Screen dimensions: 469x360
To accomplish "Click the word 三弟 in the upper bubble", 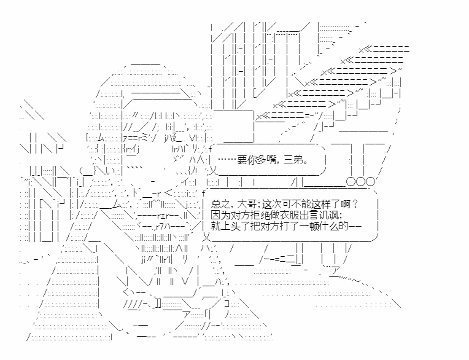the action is [293, 160].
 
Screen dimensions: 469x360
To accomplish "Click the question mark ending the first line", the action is [355, 205].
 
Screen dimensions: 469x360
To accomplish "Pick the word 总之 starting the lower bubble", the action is [220, 205].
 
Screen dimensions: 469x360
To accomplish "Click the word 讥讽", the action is [330, 215].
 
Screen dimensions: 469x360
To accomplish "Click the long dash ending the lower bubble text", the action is [355, 226].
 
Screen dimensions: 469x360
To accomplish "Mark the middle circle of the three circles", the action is [361, 182].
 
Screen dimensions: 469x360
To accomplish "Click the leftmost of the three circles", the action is [351, 182].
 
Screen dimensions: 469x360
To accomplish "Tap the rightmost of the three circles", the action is [370, 182].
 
